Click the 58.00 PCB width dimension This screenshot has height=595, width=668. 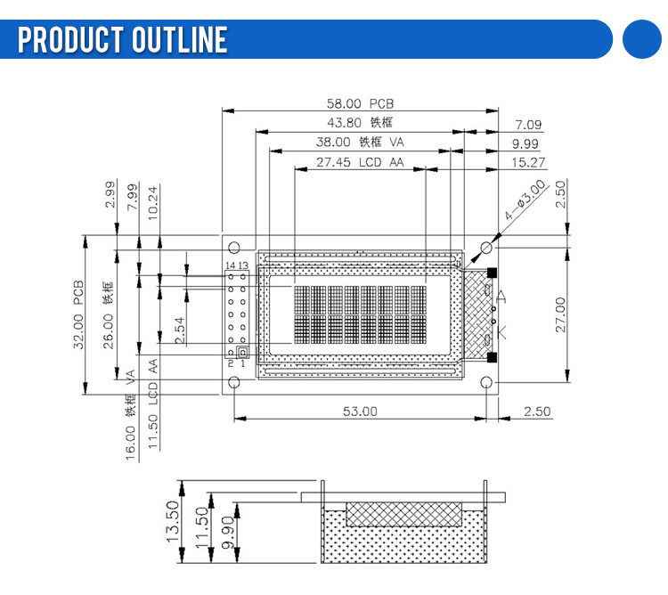pos(360,103)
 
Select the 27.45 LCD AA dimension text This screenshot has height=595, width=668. pos(360,162)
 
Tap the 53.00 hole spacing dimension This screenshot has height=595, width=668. pos(360,412)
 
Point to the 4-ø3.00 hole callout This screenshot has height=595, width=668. pos(525,200)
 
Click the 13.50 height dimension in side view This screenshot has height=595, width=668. pos(172,521)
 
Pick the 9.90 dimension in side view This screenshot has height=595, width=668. pos(228,533)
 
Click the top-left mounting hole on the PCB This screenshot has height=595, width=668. pos(234,248)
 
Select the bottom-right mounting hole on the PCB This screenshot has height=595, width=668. pos(486,382)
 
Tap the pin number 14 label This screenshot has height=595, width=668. pos(230,265)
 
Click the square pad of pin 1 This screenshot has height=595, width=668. pos(242,353)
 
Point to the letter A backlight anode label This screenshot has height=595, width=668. pos(501,297)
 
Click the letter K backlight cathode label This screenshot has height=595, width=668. pos(501,331)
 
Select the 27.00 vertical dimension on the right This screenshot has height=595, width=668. pos(560,314)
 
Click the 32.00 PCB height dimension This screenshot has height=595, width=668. pos(78,314)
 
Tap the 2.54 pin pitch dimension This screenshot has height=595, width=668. pos(180,330)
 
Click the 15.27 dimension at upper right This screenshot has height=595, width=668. pos(528,162)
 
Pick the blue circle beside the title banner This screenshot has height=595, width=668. pos(642,39)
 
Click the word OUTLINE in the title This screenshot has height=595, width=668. pos(179,39)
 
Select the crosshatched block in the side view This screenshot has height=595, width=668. pos(403,514)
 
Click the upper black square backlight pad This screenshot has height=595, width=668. pos(492,273)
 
